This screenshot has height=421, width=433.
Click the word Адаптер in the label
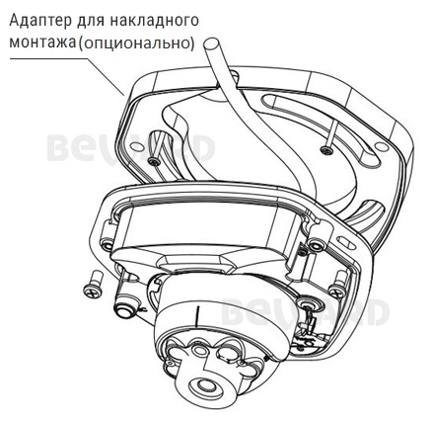point(36,20)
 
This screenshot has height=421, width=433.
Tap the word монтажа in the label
point(40,43)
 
